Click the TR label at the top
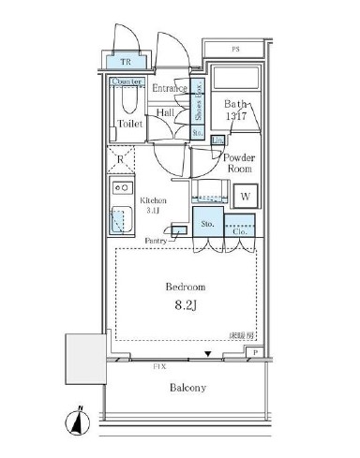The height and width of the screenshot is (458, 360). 126,63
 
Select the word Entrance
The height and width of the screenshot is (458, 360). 171,89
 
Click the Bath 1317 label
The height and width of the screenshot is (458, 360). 234,111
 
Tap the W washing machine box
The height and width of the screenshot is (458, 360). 244,197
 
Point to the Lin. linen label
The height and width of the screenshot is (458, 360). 217,140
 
